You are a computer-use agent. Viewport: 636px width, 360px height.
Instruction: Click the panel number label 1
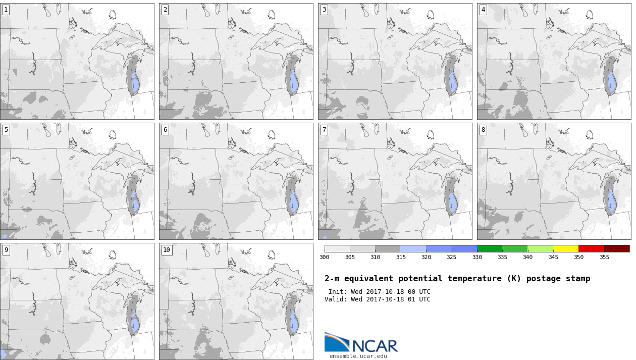click(x=6, y=10)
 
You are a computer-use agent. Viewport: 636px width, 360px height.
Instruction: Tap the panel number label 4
click(x=483, y=10)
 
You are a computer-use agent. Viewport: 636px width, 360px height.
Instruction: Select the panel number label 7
click(x=324, y=130)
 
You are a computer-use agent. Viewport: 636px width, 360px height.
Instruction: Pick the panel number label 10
click(x=167, y=250)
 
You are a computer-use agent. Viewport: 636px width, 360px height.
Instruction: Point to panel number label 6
click(x=165, y=130)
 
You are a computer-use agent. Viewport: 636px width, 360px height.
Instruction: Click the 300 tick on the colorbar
click(x=325, y=257)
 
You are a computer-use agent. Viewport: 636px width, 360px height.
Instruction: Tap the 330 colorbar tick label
click(x=477, y=257)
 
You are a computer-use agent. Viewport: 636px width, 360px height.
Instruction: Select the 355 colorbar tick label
click(x=604, y=257)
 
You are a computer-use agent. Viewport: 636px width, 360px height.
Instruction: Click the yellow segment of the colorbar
click(x=565, y=249)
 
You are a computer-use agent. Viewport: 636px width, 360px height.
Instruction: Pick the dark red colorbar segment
click(x=617, y=249)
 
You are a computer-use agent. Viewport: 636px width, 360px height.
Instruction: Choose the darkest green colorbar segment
click(x=490, y=249)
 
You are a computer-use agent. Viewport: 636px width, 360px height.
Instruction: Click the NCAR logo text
click(x=375, y=346)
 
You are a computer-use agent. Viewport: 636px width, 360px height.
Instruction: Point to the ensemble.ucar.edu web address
click(x=358, y=356)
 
